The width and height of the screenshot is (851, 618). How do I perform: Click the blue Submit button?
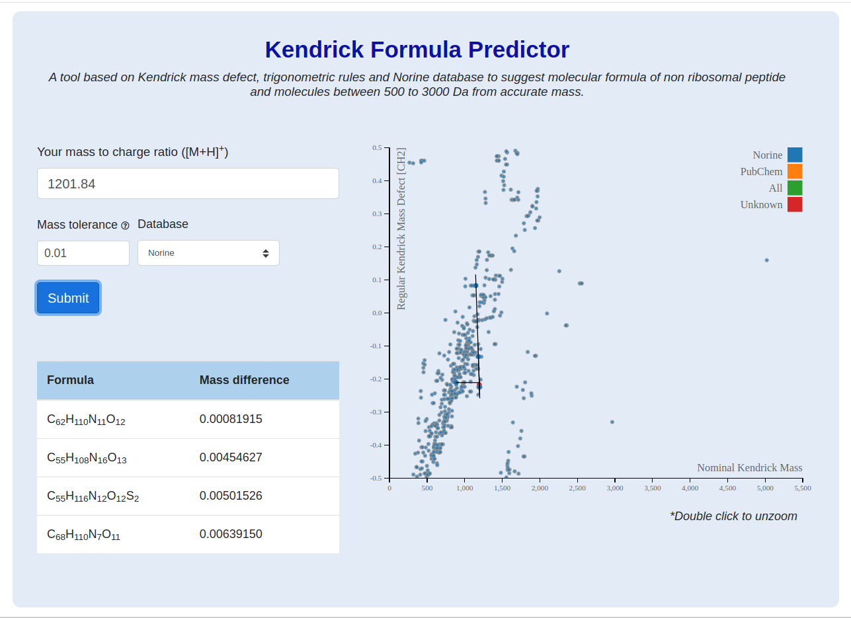click(68, 298)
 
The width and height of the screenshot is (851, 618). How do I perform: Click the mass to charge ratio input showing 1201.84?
click(188, 184)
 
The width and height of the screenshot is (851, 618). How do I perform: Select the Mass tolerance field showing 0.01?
click(83, 253)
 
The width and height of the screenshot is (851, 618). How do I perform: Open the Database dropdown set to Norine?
click(208, 253)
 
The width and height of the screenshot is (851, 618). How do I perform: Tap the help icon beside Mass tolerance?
click(125, 225)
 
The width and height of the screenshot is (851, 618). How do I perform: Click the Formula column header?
click(70, 380)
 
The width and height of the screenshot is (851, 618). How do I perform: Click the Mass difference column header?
click(244, 380)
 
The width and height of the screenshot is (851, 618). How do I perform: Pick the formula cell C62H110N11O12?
click(86, 420)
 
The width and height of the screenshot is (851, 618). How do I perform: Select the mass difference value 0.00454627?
click(231, 457)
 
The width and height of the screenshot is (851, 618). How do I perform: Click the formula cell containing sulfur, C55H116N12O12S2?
click(93, 496)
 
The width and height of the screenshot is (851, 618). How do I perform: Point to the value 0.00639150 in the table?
click(231, 533)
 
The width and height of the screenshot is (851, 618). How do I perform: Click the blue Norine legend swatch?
click(795, 155)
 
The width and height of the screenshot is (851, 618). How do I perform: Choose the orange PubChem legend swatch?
click(795, 171)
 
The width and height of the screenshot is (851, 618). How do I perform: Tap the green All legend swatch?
click(795, 188)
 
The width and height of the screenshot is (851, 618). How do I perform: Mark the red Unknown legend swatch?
click(795, 204)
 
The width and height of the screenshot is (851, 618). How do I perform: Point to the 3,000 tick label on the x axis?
click(615, 488)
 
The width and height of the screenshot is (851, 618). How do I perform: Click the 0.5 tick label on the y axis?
click(377, 148)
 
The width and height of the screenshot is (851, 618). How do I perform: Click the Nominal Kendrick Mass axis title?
click(750, 467)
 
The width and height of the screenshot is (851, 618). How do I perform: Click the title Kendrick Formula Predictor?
click(417, 50)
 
